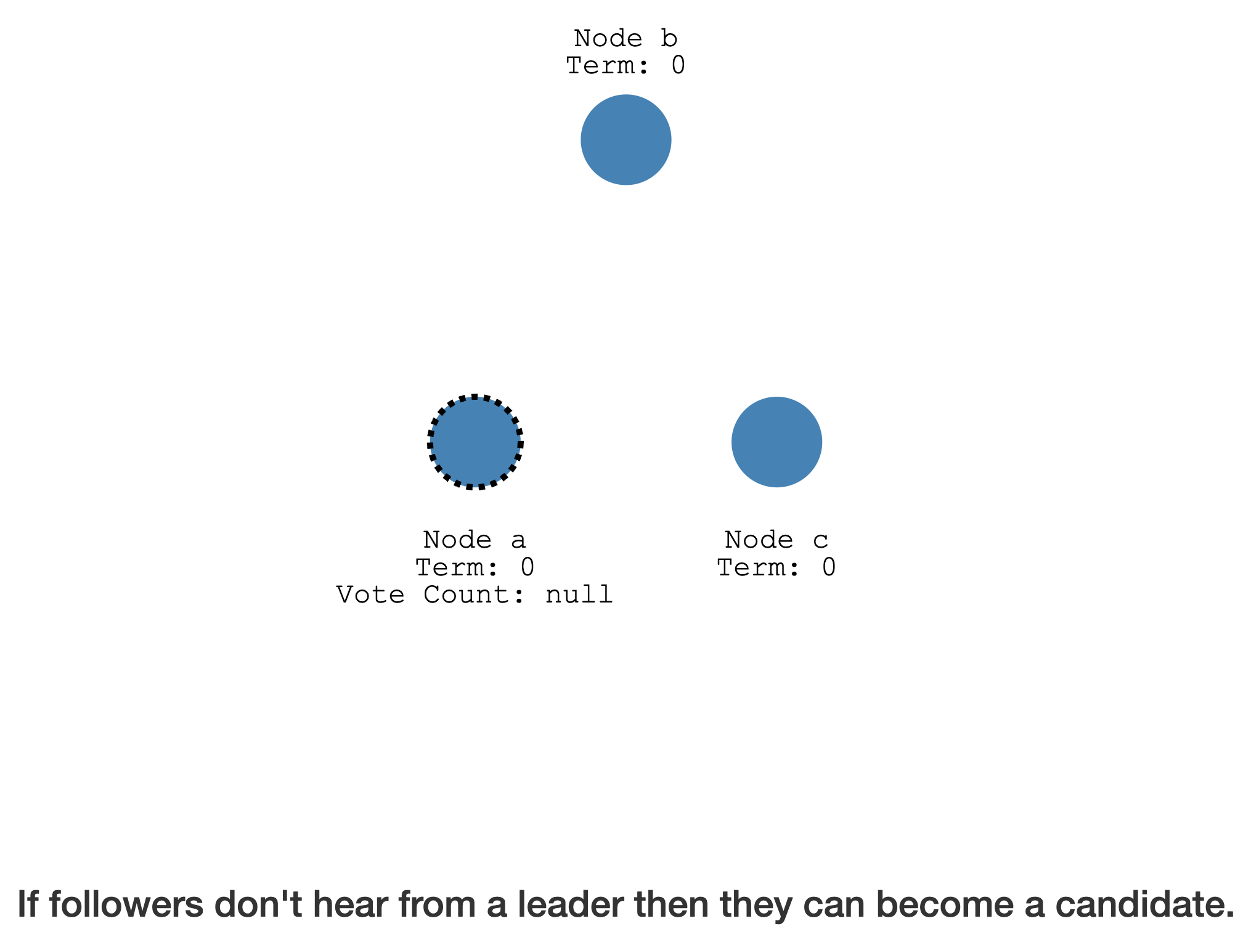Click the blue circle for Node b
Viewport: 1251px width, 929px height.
coord(625,140)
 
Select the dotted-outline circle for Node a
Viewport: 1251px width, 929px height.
coord(475,442)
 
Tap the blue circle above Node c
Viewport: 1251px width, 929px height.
coord(776,442)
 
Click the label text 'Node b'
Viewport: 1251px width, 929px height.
coord(625,38)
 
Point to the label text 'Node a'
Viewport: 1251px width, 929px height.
coord(475,540)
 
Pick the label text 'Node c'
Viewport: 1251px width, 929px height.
coord(776,540)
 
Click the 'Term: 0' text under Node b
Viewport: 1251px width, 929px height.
coord(625,65)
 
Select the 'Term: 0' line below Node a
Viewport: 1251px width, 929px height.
coord(475,567)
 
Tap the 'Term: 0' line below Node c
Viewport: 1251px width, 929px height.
coord(776,567)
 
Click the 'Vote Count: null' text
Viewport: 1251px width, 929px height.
coord(475,594)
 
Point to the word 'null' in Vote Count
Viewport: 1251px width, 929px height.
coord(579,594)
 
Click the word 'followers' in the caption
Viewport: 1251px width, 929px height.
coord(126,904)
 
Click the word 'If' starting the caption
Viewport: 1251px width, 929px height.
coord(29,904)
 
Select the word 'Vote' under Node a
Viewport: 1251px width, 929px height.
coord(370,594)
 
